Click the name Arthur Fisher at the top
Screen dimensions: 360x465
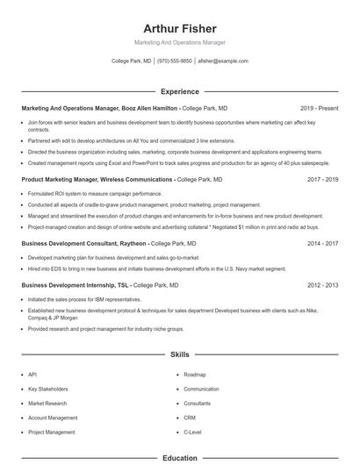tap(179, 28)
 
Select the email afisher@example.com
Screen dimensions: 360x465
tap(222, 61)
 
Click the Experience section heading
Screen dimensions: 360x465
tap(179, 91)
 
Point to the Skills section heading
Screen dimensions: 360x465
tap(179, 354)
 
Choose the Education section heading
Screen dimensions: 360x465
tap(179, 458)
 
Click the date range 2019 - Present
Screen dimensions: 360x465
tap(319, 108)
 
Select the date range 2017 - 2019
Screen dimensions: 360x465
tap(322, 179)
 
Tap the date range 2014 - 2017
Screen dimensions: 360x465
tap(322, 243)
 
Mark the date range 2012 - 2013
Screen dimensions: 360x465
tap(322, 285)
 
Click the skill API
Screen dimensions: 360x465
tap(32, 374)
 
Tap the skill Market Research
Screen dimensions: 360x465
tap(48, 403)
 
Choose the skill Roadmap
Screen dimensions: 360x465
tap(195, 374)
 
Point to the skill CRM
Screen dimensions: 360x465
tap(190, 418)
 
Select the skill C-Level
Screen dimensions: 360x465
tap(192, 432)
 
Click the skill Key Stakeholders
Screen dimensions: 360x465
tap(48, 389)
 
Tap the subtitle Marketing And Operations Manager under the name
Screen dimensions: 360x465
tap(179, 42)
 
